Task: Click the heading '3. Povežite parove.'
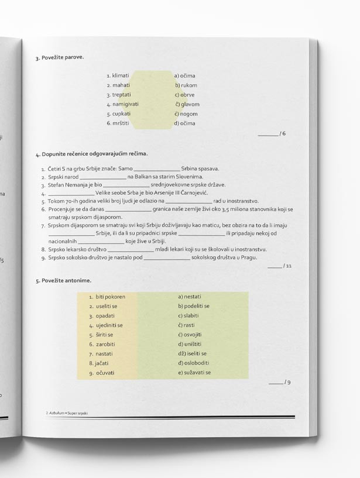tap(59, 57)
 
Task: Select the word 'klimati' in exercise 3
tap(120, 75)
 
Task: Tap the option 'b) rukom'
tap(186, 85)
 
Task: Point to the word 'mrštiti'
tap(120, 123)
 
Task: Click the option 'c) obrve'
tap(184, 95)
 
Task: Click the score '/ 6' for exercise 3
tap(283, 134)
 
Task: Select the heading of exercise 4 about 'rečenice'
tap(91, 154)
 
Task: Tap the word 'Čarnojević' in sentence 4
tap(194, 192)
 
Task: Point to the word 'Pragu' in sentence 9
tap(250, 257)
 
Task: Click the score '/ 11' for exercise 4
tap(287, 267)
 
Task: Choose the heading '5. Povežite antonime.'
tap(63, 281)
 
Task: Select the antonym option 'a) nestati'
tap(188, 297)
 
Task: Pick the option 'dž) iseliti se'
tap(192, 353)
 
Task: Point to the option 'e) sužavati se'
tap(194, 373)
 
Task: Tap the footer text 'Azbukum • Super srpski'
tap(70, 413)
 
